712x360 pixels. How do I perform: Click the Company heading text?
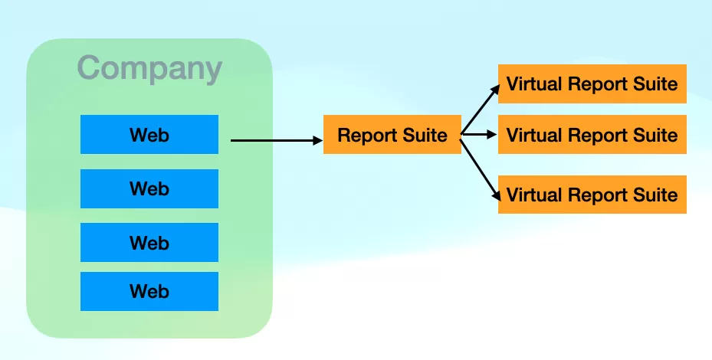point(150,69)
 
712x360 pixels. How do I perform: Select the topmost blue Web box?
point(149,134)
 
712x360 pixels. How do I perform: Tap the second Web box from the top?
point(149,188)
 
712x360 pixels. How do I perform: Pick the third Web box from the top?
point(149,242)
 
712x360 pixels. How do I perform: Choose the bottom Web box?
point(149,291)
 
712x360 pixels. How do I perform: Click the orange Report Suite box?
point(392,134)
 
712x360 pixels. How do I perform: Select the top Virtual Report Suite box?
point(592,84)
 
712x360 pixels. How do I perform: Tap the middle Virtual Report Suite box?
point(592,134)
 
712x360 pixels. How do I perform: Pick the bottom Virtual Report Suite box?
point(592,195)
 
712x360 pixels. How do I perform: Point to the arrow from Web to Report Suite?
point(277,141)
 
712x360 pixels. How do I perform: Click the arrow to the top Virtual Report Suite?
point(480,109)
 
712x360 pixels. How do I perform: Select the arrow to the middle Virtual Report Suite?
point(479,134)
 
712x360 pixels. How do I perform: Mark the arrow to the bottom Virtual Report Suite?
point(481,170)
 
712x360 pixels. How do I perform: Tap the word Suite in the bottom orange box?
point(656,195)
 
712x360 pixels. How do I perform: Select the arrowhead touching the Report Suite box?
point(318,141)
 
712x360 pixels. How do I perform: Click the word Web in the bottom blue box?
point(149,292)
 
